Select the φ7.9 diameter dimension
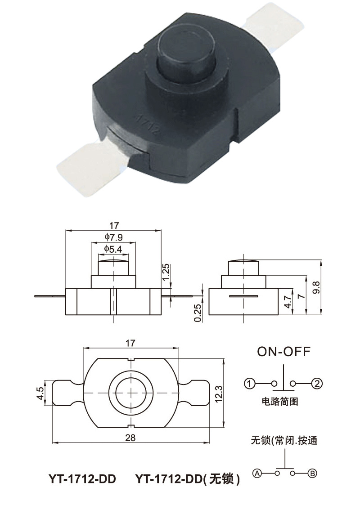(113, 237)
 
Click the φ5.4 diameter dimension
(113, 249)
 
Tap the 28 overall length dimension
(130, 438)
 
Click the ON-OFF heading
(283, 352)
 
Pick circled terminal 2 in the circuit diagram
(318, 384)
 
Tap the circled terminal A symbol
(257, 473)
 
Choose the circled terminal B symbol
(312, 473)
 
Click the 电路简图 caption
(279, 402)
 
